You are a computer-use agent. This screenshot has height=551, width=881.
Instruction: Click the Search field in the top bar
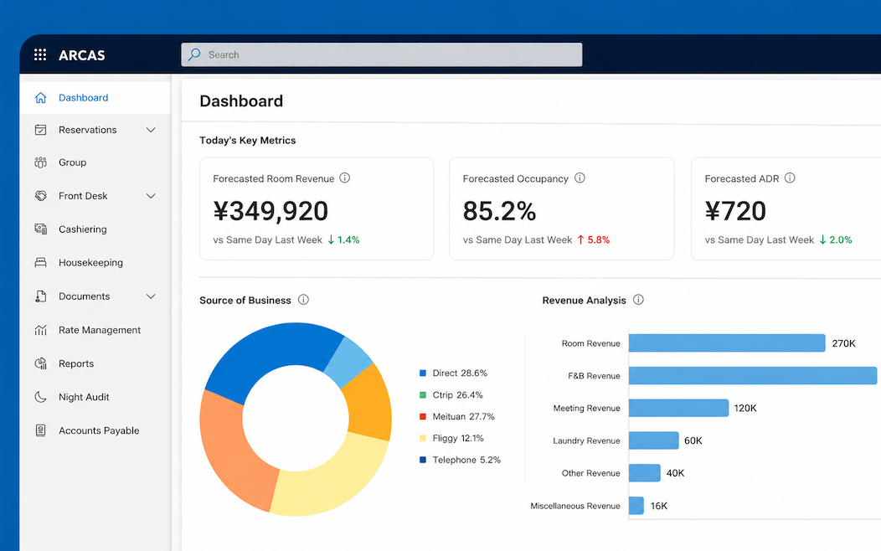point(382,54)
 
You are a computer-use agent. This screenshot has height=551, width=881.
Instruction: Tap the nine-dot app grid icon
point(40,54)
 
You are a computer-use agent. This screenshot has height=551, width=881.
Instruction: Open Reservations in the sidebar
point(88,130)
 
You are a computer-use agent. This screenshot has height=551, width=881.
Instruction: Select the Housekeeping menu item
point(90,262)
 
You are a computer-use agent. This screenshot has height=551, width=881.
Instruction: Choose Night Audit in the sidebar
point(84,397)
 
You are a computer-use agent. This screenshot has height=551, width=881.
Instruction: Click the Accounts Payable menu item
point(99,430)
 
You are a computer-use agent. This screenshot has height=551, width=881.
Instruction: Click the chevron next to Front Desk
point(151,196)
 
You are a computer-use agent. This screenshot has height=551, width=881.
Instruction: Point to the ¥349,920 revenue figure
point(270,211)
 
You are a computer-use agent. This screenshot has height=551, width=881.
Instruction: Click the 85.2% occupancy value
point(499,211)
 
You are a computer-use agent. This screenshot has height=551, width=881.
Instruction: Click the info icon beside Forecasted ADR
point(790,178)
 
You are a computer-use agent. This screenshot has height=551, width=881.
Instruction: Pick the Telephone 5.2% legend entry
point(460,460)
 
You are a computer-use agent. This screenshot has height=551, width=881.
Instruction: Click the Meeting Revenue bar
point(678,408)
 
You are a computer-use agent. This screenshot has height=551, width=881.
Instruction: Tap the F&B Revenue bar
point(753,376)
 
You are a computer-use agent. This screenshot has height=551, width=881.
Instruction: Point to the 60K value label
point(693,441)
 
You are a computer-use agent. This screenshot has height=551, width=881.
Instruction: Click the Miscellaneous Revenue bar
point(636,506)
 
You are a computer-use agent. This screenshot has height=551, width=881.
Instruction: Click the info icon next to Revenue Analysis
point(638,300)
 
